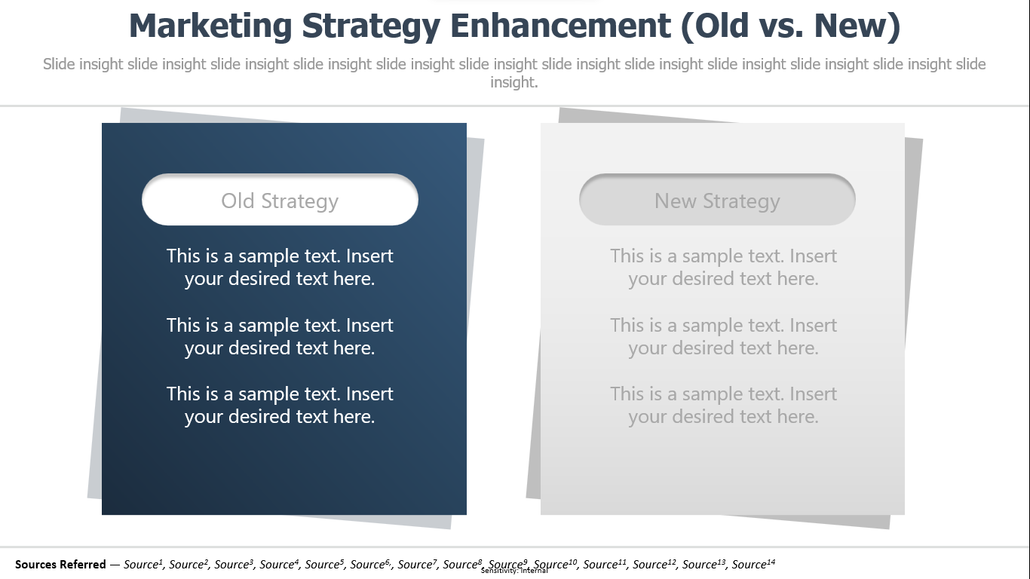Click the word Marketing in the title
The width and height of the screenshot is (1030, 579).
click(x=210, y=26)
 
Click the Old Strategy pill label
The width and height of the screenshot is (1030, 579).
click(x=280, y=201)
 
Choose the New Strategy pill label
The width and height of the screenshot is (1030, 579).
click(x=717, y=201)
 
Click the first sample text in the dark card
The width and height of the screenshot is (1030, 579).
click(x=280, y=267)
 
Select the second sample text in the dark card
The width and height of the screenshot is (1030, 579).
click(x=280, y=337)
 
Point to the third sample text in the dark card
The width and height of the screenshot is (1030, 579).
click(x=280, y=405)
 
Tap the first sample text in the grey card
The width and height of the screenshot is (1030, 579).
click(x=723, y=267)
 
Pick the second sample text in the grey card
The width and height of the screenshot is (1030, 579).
click(x=723, y=337)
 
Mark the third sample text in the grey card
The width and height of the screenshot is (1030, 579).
click(x=723, y=405)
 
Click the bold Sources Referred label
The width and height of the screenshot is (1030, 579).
click(x=60, y=564)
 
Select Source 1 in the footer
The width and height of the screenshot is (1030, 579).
click(x=143, y=564)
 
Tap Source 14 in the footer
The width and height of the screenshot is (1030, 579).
click(x=753, y=564)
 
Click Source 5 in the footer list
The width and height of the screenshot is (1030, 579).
click(x=324, y=564)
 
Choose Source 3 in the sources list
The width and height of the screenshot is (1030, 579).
click(x=234, y=564)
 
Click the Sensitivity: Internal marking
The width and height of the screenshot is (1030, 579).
click(x=514, y=571)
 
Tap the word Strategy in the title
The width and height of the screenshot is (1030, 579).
click(x=371, y=26)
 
